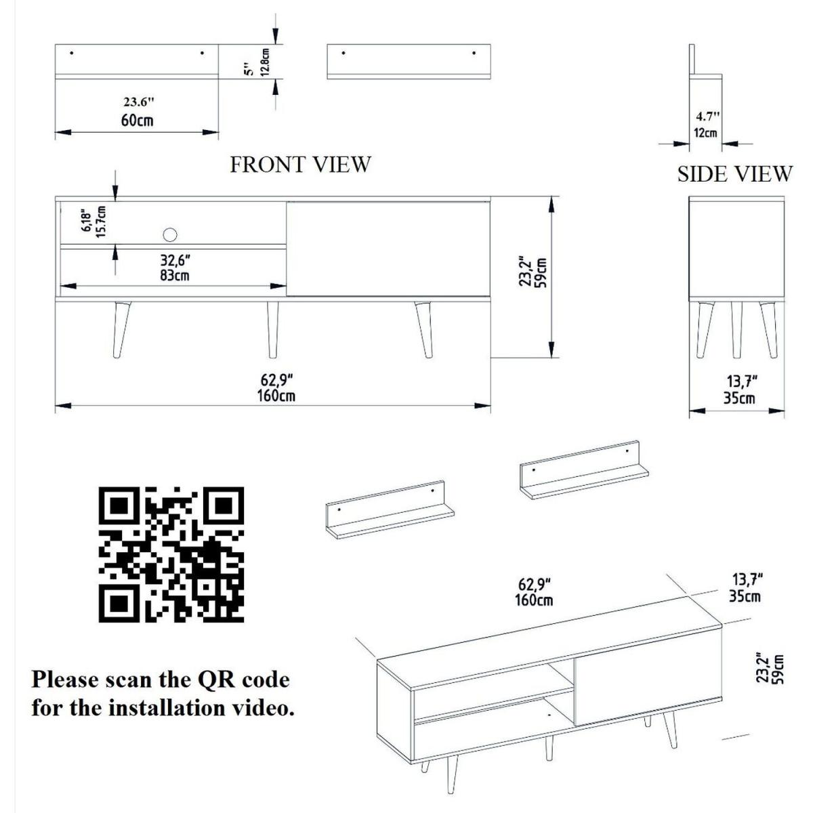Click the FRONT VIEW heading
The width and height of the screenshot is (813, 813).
click(300, 165)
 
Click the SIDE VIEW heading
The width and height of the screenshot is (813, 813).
click(735, 174)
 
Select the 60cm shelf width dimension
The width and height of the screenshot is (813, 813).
click(137, 121)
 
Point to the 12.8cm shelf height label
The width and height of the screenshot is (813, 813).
click(265, 62)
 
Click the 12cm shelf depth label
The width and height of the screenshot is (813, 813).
click(705, 133)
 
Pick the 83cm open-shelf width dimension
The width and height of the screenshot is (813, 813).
click(175, 276)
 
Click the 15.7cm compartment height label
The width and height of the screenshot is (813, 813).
click(100, 222)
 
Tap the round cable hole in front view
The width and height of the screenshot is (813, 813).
click(169, 234)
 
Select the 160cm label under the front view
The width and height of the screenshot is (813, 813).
click(276, 396)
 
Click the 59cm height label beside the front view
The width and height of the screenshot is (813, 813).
click(542, 272)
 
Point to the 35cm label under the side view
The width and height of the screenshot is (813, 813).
click(739, 398)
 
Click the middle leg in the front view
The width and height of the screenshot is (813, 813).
click(273, 330)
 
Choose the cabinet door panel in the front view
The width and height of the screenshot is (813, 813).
click(388, 249)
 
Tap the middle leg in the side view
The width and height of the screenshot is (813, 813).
click(736, 330)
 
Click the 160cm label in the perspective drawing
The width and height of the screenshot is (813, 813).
click(534, 600)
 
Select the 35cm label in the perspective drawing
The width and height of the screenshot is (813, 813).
click(745, 596)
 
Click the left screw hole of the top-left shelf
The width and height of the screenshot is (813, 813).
click(72, 53)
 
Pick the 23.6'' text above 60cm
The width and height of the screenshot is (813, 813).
click(139, 102)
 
